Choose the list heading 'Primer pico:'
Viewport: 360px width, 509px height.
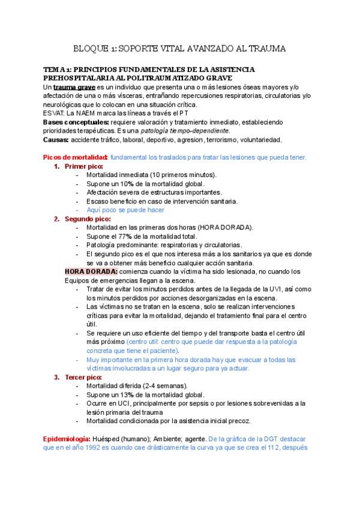coord(83,166)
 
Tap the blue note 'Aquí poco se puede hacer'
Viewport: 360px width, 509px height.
coord(125,210)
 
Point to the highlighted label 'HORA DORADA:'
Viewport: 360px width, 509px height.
coord(91,272)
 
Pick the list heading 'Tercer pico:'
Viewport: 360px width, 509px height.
coord(84,377)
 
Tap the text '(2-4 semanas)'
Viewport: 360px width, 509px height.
coord(166,386)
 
